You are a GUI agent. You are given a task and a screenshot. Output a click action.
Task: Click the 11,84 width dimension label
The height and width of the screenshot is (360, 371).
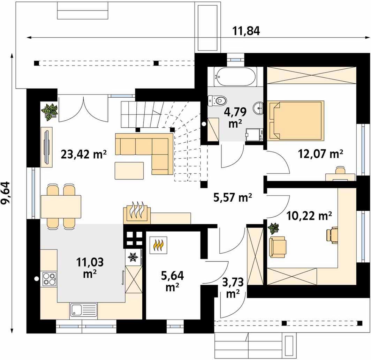pyautogui.click(x=246, y=31)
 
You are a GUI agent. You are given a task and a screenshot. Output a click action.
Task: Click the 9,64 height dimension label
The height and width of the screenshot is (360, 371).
pyautogui.click(x=6, y=193)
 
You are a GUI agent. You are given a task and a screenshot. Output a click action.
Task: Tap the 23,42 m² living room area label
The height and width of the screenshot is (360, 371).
pyautogui.click(x=84, y=154)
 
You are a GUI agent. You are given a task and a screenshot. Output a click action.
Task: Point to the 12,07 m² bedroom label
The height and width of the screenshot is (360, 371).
pyautogui.click(x=320, y=154)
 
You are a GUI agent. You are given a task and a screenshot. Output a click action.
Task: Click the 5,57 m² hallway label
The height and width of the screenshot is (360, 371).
pyautogui.click(x=233, y=197)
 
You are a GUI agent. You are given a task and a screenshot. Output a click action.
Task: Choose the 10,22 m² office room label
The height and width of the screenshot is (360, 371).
pyautogui.click(x=309, y=216)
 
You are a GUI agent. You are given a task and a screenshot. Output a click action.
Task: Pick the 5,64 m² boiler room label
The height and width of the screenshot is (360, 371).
pyautogui.click(x=172, y=281)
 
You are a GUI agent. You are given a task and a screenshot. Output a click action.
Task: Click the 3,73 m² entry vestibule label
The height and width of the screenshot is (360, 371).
pyautogui.click(x=233, y=288)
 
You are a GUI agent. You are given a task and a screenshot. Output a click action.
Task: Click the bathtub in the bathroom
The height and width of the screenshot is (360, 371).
pyautogui.click(x=235, y=77)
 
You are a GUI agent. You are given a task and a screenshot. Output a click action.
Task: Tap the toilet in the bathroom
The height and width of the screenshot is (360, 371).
pyautogui.click(x=217, y=100)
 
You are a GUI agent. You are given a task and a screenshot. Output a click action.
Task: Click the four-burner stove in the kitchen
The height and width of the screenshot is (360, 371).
pyautogui.click(x=49, y=279)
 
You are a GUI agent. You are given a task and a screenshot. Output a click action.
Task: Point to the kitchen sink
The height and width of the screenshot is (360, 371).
pyautogui.click(x=83, y=310)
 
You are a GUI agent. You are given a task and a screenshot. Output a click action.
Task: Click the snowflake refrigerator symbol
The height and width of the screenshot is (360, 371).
pyautogui.click(x=133, y=257)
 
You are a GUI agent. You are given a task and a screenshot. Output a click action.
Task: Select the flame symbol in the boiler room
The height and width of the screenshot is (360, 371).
pyautogui.click(x=158, y=245)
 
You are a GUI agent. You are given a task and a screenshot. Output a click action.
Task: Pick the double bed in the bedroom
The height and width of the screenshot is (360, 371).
pyautogui.click(x=296, y=120)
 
